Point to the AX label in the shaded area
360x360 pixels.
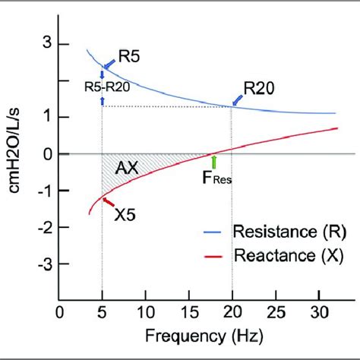point(126,170)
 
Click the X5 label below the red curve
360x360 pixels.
point(126,215)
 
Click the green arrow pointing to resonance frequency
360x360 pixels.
point(214,162)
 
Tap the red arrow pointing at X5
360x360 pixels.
point(108,203)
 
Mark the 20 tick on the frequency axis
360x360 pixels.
point(232,311)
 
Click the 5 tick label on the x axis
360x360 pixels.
point(102,311)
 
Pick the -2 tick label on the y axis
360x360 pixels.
point(44,227)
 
